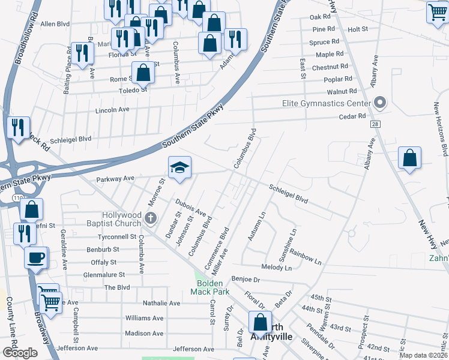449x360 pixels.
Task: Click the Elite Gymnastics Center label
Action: click(327, 104)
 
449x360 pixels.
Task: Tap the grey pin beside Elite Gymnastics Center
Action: click(379, 103)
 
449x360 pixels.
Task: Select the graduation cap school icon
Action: click(179, 169)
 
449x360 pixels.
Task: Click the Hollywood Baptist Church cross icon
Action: click(151, 218)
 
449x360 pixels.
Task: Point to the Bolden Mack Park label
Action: click(206, 287)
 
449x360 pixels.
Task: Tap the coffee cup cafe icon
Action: click(36, 257)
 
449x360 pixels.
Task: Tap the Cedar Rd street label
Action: click(352, 116)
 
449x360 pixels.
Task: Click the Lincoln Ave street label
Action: click(112, 110)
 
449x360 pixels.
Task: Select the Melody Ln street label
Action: click(276, 267)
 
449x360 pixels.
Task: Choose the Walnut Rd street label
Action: click(342, 92)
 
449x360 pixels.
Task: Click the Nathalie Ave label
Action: click(161, 304)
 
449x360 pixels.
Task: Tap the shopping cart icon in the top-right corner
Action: click(438, 11)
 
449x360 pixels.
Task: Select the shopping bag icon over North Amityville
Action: click(260, 322)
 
